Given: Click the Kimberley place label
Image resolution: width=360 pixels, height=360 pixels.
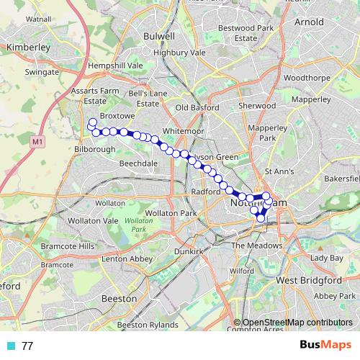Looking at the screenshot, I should (x=27, y=47).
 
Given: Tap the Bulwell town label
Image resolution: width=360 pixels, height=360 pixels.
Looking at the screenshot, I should (x=159, y=35).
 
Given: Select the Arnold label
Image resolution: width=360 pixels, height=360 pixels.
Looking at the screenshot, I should (x=310, y=22).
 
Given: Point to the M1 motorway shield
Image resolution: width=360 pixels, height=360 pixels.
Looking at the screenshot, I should (x=37, y=143).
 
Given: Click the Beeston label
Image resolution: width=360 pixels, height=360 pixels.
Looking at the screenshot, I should (x=120, y=297).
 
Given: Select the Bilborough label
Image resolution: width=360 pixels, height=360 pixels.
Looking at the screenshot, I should (x=95, y=149).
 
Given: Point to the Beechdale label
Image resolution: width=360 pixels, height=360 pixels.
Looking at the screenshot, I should (x=138, y=164).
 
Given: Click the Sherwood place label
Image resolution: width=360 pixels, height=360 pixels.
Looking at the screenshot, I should (x=257, y=105).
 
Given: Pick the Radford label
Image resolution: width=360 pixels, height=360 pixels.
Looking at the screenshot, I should (x=205, y=192).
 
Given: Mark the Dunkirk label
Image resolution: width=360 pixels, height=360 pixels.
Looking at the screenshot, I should (x=188, y=251).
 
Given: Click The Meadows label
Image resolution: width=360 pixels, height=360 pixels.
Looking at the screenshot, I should (x=257, y=246).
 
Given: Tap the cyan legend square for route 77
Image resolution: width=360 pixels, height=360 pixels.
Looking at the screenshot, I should (x=10, y=346).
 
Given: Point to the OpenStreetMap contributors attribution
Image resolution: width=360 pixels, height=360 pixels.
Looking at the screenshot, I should (x=293, y=323).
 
